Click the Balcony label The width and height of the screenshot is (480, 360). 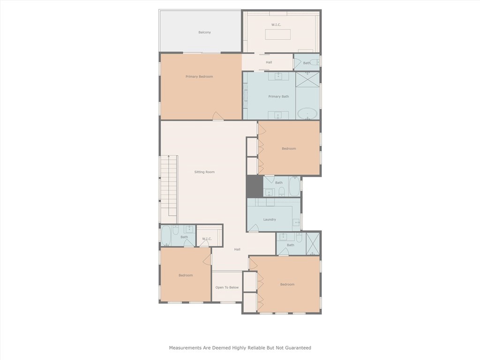click(204, 32)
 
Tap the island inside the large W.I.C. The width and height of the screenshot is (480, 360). click(277, 35)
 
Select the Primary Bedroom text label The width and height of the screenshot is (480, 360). click(199, 76)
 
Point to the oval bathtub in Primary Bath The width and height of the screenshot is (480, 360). click(307, 113)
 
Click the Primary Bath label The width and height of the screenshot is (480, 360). click(278, 97)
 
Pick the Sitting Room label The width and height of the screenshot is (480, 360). click(204, 172)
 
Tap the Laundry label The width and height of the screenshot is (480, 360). click(270, 219)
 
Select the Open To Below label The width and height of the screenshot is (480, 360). click(227, 287)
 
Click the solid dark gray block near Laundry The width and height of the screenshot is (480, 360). click(255, 186)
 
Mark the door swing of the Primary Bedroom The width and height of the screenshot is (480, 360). click(218, 116)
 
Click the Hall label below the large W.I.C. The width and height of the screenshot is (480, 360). click(269, 62)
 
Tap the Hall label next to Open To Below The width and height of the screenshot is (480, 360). click(237, 249)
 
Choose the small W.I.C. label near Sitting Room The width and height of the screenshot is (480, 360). click(207, 239)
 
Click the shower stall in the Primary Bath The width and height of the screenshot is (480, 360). click(307, 81)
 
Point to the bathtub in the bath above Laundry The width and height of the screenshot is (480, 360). click(294, 187)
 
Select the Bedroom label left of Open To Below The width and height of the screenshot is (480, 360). click(186, 275)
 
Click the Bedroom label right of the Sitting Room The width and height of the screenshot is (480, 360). click(289, 149)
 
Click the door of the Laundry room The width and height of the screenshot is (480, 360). click(254, 229)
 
